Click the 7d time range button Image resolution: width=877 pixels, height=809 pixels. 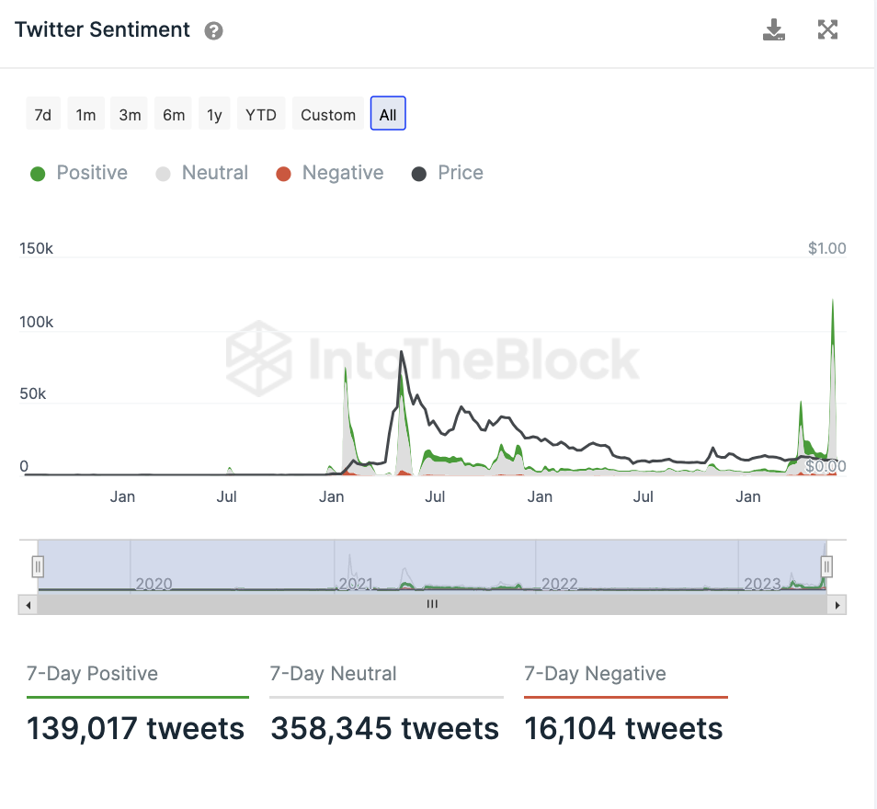coord(42,115)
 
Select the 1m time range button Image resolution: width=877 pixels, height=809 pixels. coord(85,115)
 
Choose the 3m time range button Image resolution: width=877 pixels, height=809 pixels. coord(130,115)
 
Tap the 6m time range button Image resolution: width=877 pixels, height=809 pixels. coord(174,115)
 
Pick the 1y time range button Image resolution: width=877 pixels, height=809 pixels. coord(214,115)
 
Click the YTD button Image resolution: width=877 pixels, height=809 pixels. coord(261,115)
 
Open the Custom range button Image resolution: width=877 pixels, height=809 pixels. coord(328,115)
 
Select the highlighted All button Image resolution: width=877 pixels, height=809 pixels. coord(388,115)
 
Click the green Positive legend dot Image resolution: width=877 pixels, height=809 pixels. coord(38,174)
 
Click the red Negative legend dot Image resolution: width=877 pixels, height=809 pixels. coord(283,174)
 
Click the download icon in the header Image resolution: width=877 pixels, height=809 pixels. coord(774,30)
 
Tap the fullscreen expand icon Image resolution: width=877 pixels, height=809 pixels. coord(827,30)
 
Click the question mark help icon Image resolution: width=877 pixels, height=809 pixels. coord(213,31)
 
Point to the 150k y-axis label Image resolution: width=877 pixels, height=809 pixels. coord(37,249)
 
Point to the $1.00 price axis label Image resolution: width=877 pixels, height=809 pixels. coord(826,248)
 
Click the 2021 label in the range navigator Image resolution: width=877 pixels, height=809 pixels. coord(357,584)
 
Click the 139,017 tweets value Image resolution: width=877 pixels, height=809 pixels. coord(136,729)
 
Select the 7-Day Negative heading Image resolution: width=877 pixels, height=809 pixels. coord(595,674)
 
